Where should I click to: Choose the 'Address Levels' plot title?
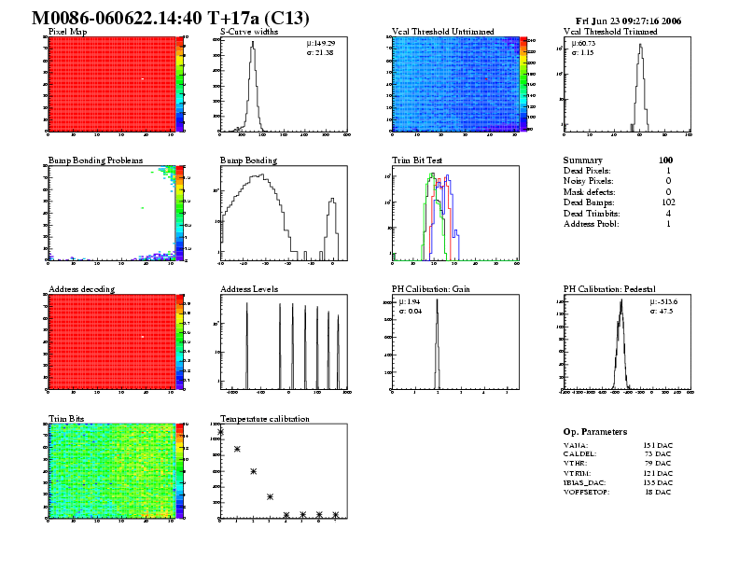pos(249,289)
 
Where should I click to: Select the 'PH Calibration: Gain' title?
pos(429,289)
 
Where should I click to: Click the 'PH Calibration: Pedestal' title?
pos(612,289)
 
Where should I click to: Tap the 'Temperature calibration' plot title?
pos(264,419)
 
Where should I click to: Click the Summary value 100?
pos(665,160)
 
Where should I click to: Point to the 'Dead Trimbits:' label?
pos(594,214)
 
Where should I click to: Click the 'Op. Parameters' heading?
pos(595,432)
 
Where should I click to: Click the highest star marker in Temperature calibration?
pos(221,431)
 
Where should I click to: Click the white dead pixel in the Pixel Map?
pos(142,79)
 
